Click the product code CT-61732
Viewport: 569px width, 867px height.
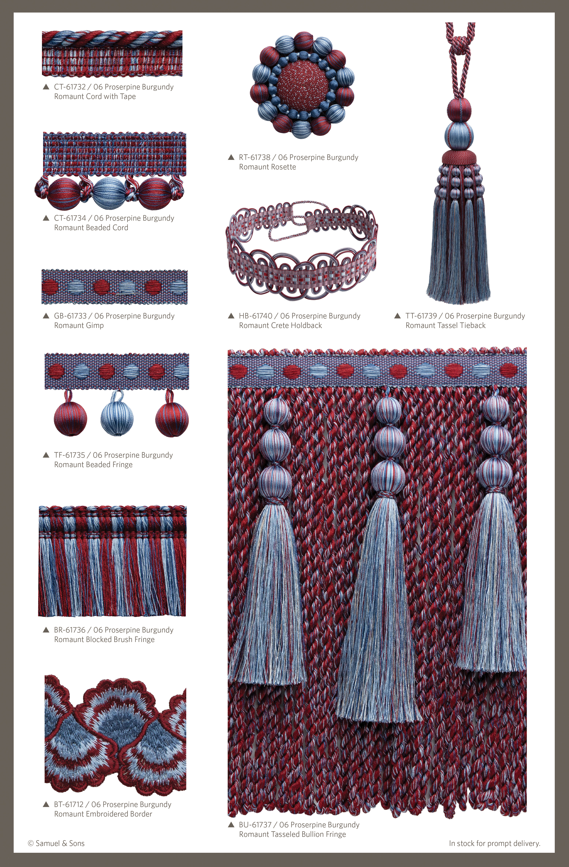70,87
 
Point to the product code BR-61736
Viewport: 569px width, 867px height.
70,630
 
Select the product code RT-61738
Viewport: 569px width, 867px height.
255,157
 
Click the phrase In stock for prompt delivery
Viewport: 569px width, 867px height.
494,843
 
